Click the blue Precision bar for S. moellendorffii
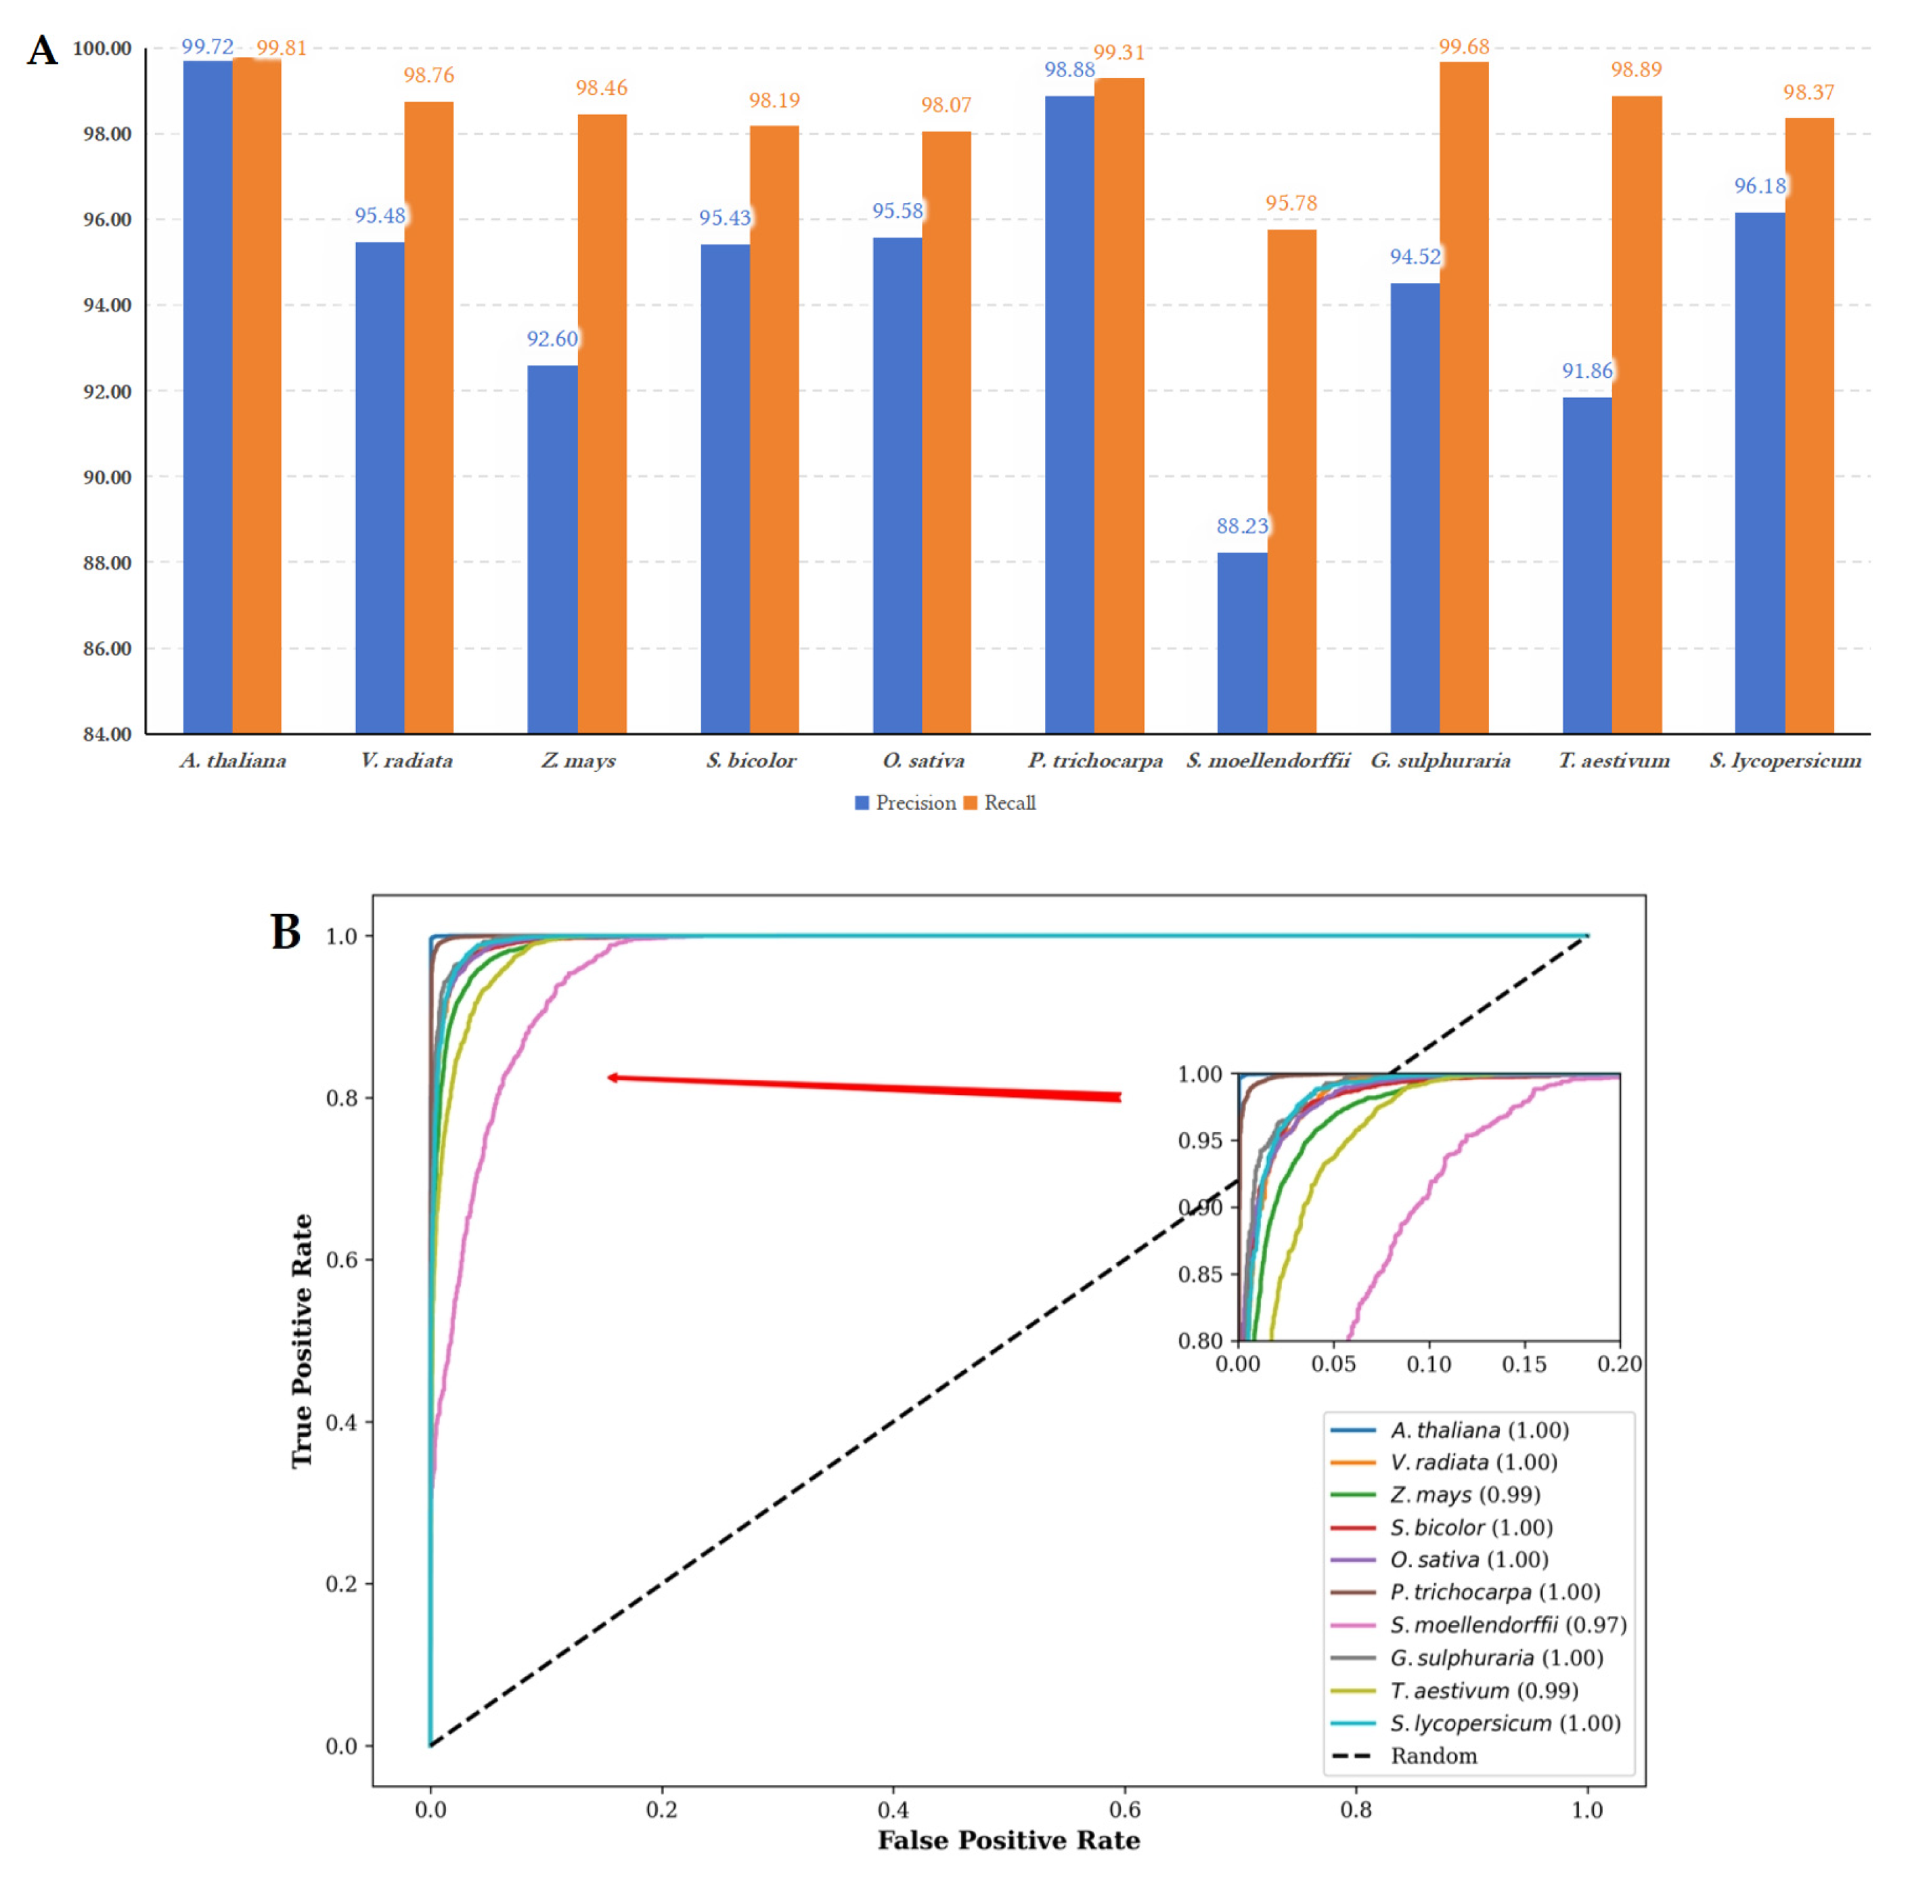coord(1241,643)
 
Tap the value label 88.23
coord(1241,526)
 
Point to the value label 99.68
coord(1463,47)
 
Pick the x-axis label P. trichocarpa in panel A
coord(1094,761)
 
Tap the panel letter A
coord(41,50)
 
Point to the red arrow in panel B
coord(863,1087)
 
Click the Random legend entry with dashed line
coord(1432,1756)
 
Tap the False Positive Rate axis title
coord(1008,1840)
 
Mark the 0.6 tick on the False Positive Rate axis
coord(1125,1810)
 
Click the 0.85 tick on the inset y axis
coord(1199,1274)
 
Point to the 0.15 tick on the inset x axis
coord(1524,1364)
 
